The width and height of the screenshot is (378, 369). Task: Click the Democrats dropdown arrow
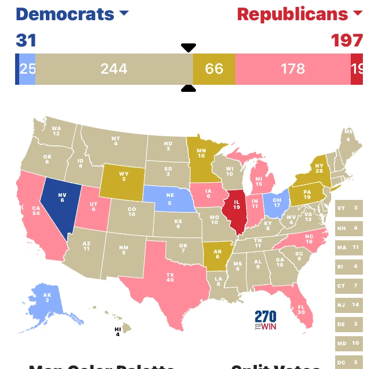(124, 14)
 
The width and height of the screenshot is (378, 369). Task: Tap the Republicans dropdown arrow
(357, 14)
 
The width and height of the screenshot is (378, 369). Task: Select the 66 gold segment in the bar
(214, 68)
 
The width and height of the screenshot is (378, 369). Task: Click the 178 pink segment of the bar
(293, 68)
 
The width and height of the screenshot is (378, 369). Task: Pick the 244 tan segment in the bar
(114, 68)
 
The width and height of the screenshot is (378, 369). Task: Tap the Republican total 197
(347, 40)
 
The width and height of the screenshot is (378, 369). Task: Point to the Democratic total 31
(26, 40)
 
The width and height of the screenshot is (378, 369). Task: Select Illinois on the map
(236, 210)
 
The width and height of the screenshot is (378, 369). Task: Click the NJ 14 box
(349, 304)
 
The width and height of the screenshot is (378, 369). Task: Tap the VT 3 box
(349, 208)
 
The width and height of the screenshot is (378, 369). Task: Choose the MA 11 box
(349, 247)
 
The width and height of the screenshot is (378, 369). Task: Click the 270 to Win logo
(266, 320)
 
